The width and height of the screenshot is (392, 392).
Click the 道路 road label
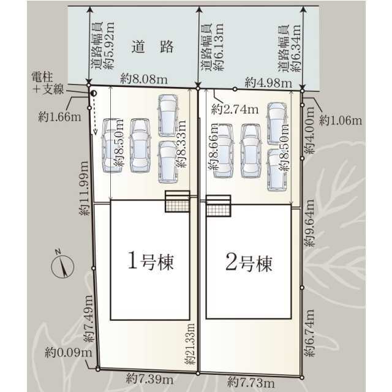pos(153,47)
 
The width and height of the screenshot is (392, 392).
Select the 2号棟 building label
pos(249,262)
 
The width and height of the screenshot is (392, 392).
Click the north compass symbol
pos(62,265)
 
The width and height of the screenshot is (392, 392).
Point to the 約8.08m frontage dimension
pos(144,79)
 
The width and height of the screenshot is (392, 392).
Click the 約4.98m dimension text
pos(268,83)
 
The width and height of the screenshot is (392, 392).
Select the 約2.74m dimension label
pos(235,109)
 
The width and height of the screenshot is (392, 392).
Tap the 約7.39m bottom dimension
pos(149,379)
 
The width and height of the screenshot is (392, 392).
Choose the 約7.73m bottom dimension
pos(251,382)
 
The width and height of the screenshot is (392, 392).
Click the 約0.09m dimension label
pos(69,353)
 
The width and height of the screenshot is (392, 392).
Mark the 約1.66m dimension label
pos(60,117)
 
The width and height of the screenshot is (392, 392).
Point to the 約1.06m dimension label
pos(341,121)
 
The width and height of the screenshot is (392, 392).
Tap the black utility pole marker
pos(94,94)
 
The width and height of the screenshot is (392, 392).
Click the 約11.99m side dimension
pos(84,188)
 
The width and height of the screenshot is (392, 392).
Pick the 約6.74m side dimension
pos(309,333)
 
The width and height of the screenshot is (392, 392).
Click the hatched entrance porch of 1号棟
pos(177,202)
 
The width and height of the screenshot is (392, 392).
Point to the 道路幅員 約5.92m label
pos(102,46)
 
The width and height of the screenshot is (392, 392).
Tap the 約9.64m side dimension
pos(309,223)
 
